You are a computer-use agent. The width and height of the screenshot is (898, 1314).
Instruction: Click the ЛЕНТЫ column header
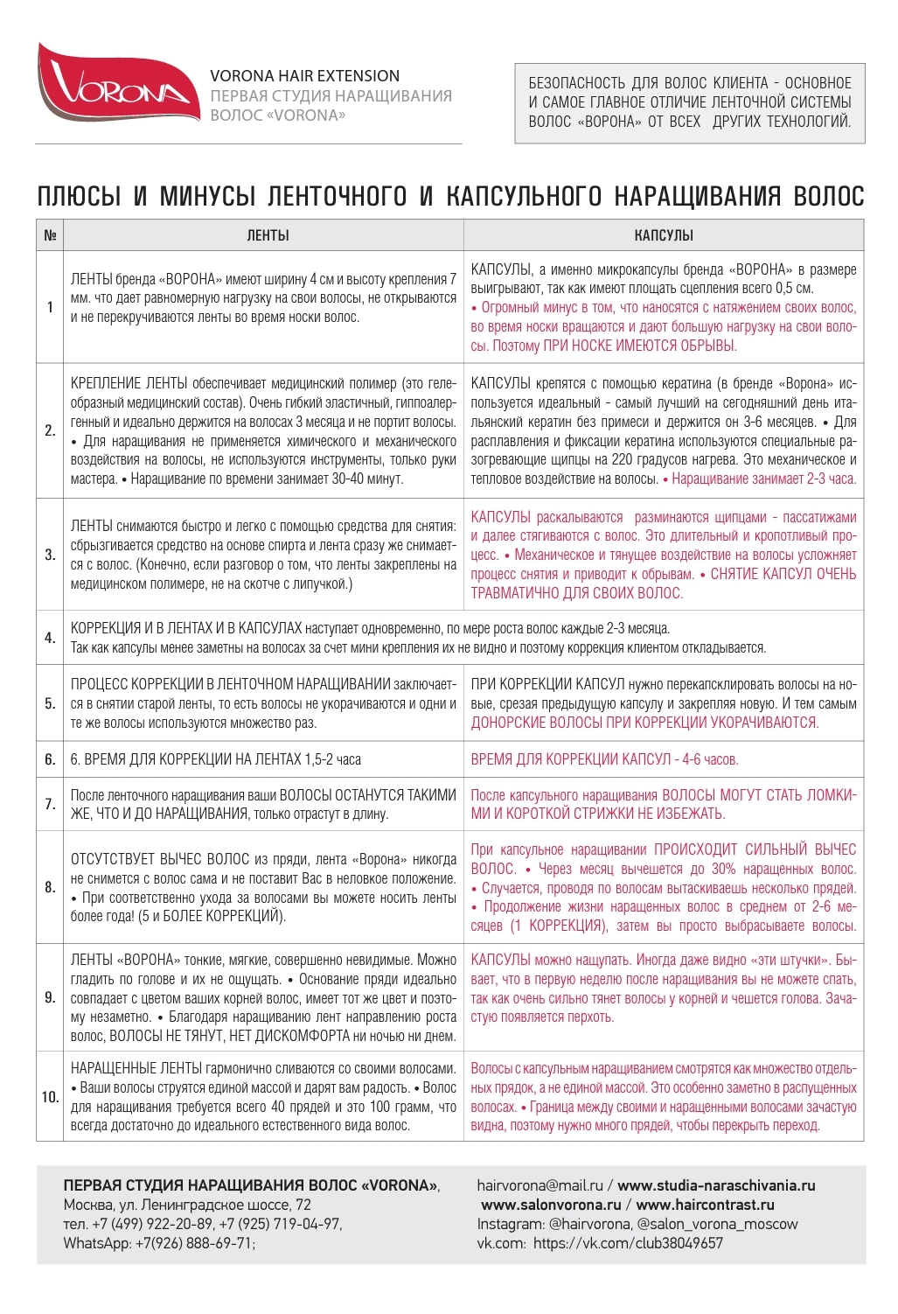coord(268,235)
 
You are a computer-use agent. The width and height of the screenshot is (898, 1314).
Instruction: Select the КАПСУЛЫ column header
coord(664,235)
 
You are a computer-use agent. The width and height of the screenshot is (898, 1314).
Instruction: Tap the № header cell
coord(50,235)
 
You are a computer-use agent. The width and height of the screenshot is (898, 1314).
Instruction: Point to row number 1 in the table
coord(50,307)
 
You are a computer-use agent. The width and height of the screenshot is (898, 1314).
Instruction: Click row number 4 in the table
coord(50,638)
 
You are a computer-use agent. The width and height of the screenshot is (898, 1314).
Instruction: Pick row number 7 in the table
coord(50,804)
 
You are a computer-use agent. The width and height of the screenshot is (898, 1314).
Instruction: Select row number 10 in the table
coord(50,1097)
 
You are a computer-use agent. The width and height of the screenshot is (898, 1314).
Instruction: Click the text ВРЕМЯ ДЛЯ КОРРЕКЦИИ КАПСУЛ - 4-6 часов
coord(604,759)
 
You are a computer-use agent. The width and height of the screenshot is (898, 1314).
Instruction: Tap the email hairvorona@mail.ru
coord(539,1185)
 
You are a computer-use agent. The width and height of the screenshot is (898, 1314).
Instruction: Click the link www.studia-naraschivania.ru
coord(716,1185)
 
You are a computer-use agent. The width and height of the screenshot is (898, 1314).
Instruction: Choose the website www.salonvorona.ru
coord(551,1205)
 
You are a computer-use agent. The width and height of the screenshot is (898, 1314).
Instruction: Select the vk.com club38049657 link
coord(628,1243)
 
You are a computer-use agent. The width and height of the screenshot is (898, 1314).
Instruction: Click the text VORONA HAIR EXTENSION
coord(304,76)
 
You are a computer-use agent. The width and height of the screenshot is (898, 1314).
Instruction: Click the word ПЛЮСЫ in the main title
coord(79,196)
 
